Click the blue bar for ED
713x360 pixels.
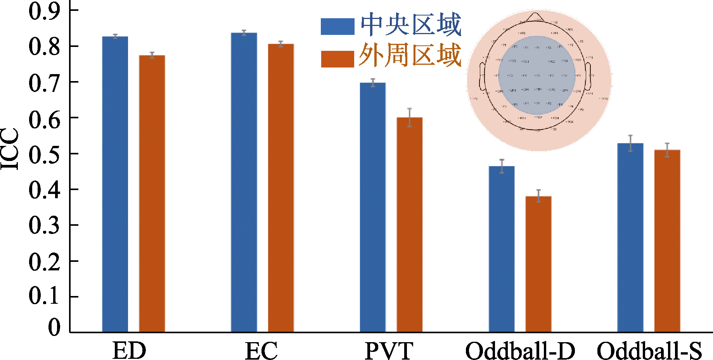(x=115, y=184)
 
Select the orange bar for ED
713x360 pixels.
(x=152, y=194)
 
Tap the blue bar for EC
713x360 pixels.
(x=244, y=182)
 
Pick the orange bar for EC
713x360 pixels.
(x=281, y=188)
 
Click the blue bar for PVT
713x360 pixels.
(x=373, y=207)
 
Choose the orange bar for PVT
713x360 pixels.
(x=410, y=225)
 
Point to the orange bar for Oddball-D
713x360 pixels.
(x=538, y=264)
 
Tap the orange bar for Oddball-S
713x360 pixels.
(x=667, y=241)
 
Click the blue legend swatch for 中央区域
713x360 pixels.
(x=337, y=27)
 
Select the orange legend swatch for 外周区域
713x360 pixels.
(x=337, y=59)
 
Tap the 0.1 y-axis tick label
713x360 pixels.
(x=44, y=297)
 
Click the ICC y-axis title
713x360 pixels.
(x=10, y=149)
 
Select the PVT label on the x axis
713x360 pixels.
(x=389, y=351)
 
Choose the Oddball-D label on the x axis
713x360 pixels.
(x=520, y=351)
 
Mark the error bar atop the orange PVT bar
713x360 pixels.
(x=410, y=117)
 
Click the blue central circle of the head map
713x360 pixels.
(x=537, y=75)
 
